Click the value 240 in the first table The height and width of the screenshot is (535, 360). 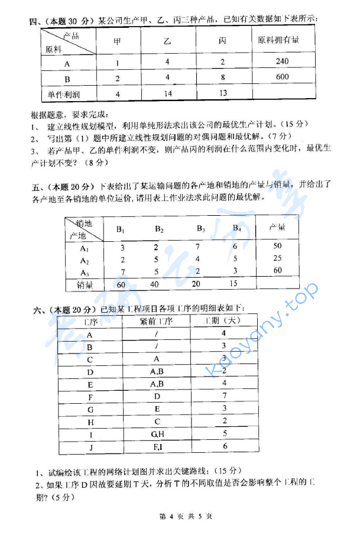pyautogui.click(x=281, y=61)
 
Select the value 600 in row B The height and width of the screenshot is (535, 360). pyautogui.click(x=281, y=77)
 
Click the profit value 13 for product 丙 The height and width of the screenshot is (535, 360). pyautogui.click(x=223, y=93)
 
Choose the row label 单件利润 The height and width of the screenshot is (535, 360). pyautogui.click(x=62, y=94)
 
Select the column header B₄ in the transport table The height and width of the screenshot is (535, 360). pyautogui.click(x=236, y=228)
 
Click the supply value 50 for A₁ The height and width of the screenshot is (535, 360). pyautogui.click(x=277, y=245)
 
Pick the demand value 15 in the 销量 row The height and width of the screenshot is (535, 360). pyautogui.click(x=233, y=284)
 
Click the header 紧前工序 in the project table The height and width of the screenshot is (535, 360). pyautogui.click(x=156, y=322)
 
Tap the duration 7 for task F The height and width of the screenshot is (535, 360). pyautogui.click(x=225, y=395)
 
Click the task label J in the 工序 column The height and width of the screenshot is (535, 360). pyautogui.click(x=90, y=447)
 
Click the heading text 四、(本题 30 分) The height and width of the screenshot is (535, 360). pyautogui.click(x=62, y=21)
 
